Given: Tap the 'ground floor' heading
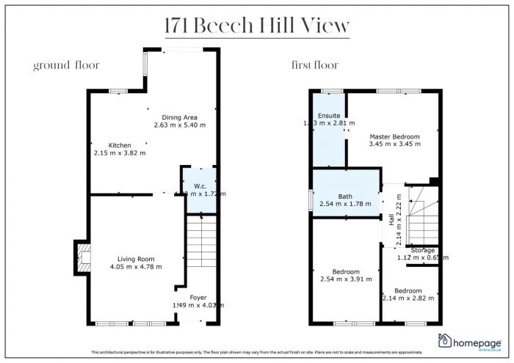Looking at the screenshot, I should click(x=66, y=65).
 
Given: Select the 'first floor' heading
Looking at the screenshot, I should click(x=314, y=65).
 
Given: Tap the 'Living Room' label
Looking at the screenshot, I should click(x=136, y=258).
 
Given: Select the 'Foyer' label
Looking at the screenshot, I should click(x=198, y=297).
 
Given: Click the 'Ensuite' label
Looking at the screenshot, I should click(x=328, y=114).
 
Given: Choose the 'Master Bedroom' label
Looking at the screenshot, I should click(x=394, y=136).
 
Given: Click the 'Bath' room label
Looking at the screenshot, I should click(x=346, y=196).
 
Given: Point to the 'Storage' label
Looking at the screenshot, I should click(x=423, y=250).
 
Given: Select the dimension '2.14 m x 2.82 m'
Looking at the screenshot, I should click(x=409, y=298).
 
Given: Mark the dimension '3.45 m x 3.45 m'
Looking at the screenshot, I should click(x=394, y=144).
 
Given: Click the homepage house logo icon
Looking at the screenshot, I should click(x=445, y=340).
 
